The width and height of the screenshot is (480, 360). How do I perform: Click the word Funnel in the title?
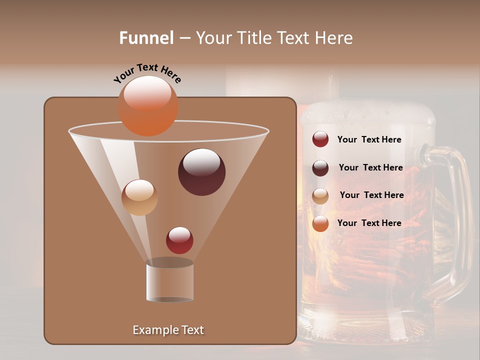[x=146, y=38]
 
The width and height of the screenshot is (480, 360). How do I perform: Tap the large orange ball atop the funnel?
[x=148, y=106]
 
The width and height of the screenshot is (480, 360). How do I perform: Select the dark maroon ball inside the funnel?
[x=202, y=172]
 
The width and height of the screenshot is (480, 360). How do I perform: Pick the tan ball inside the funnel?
[x=139, y=197]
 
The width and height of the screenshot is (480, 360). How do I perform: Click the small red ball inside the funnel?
[x=179, y=240]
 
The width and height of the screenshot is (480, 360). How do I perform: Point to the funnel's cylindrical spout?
[x=170, y=281]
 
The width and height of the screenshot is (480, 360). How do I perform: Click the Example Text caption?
[x=168, y=330]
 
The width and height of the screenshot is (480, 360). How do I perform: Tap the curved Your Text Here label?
[x=147, y=73]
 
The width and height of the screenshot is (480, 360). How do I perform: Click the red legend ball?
[x=320, y=139]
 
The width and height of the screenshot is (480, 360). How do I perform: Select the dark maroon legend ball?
[x=320, y=168]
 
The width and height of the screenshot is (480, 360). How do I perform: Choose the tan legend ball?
[x=320, y=196]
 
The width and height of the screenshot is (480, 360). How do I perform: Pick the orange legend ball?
[x=320, y=223]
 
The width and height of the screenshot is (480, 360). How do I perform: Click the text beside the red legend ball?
[x=369, y=140]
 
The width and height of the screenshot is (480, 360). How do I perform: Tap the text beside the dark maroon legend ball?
[x=370, y=168]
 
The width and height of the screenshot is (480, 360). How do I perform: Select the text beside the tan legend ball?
[x=371, y=195]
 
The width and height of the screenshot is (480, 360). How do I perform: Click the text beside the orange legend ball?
[x=369, y=223]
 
